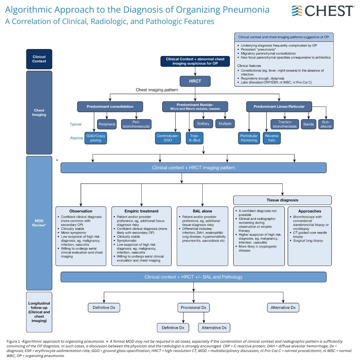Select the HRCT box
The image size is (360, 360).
[195, 81]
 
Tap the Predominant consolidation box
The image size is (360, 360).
[110, 107]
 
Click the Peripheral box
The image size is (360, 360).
[107, 124]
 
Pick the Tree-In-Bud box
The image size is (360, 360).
[194, 138]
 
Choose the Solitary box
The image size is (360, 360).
[203, 124]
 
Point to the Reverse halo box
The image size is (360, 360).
[272, 138]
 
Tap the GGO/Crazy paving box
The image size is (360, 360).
[97, 138]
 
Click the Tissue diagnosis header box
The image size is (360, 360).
[282, 200]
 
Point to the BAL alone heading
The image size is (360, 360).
[202, 211]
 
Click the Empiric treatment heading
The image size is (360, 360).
[141, 211]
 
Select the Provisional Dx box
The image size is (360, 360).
[193, 307]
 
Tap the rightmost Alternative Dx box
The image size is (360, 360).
[283, 307]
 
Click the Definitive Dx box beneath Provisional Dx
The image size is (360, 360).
[173, 328]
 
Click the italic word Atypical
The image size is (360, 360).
[77, 138]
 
